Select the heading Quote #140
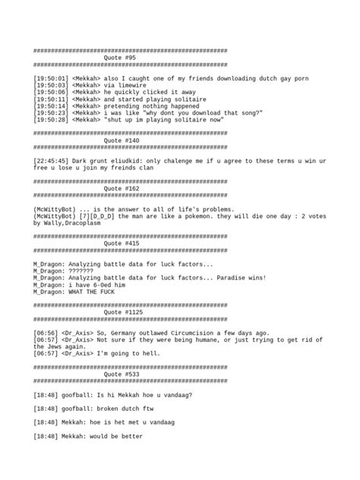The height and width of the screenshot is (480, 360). pyautogui.click(x=121, y=141)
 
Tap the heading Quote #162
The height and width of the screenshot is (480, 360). pyautogui.click(x=121, y=189)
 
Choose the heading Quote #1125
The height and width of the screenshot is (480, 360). pyautogui.click(x=122, y=313)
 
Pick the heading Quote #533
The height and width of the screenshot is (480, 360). pyautogui.click(x=121, y=374)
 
